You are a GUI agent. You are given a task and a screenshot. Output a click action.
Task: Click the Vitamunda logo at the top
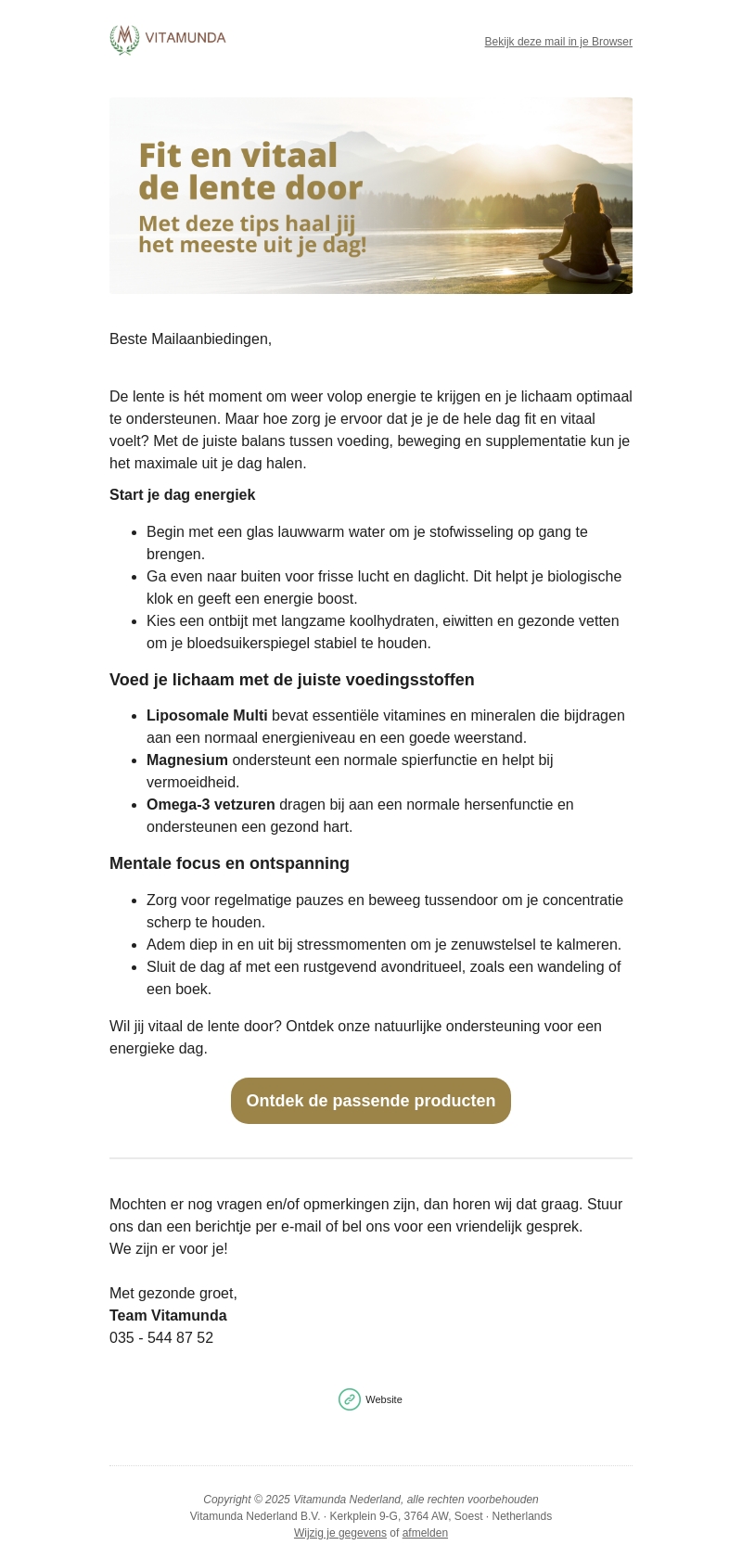click(x=167, y=39)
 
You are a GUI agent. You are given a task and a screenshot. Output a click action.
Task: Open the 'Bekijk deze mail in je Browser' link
click(x=558, y=42)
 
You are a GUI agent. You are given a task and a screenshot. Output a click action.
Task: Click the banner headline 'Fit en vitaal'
click(x=238, y=155)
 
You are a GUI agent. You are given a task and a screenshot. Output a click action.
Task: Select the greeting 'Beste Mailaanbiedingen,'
click(x=190, y=339)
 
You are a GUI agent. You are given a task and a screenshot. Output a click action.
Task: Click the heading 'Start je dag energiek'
click(x=182, y=495)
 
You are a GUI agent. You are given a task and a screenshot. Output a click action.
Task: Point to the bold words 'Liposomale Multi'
click(x=207, y=716)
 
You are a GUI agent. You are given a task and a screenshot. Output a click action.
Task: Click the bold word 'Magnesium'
click(x=187, y=760)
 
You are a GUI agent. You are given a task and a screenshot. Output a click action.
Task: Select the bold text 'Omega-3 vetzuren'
click(x=211, y=805)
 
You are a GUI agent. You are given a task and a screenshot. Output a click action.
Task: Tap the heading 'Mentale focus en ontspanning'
click(x=229, y=863)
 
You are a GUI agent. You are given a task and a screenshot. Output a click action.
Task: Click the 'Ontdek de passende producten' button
click(x=371, y=1101)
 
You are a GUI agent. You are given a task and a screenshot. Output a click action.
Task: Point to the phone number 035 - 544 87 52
click(x=161, y=1338)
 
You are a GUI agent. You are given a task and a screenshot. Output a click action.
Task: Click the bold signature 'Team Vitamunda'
click(x=168, y=1316)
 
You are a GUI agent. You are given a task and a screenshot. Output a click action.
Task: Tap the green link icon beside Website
click(x=350, y=1399)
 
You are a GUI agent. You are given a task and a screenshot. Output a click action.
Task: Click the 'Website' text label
click(x=384, y=1400)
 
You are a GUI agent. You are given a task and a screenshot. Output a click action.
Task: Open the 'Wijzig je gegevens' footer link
click(x=340, y=1533)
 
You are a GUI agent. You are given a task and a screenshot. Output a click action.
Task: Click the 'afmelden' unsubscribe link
click(x=425, y=1533)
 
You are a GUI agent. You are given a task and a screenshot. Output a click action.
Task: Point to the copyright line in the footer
click(x=371, y=1500)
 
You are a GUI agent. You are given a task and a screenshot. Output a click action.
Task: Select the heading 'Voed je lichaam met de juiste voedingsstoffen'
click(x=291, y=680)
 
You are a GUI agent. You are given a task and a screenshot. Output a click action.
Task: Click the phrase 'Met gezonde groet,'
click(x=173, y=1294)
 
